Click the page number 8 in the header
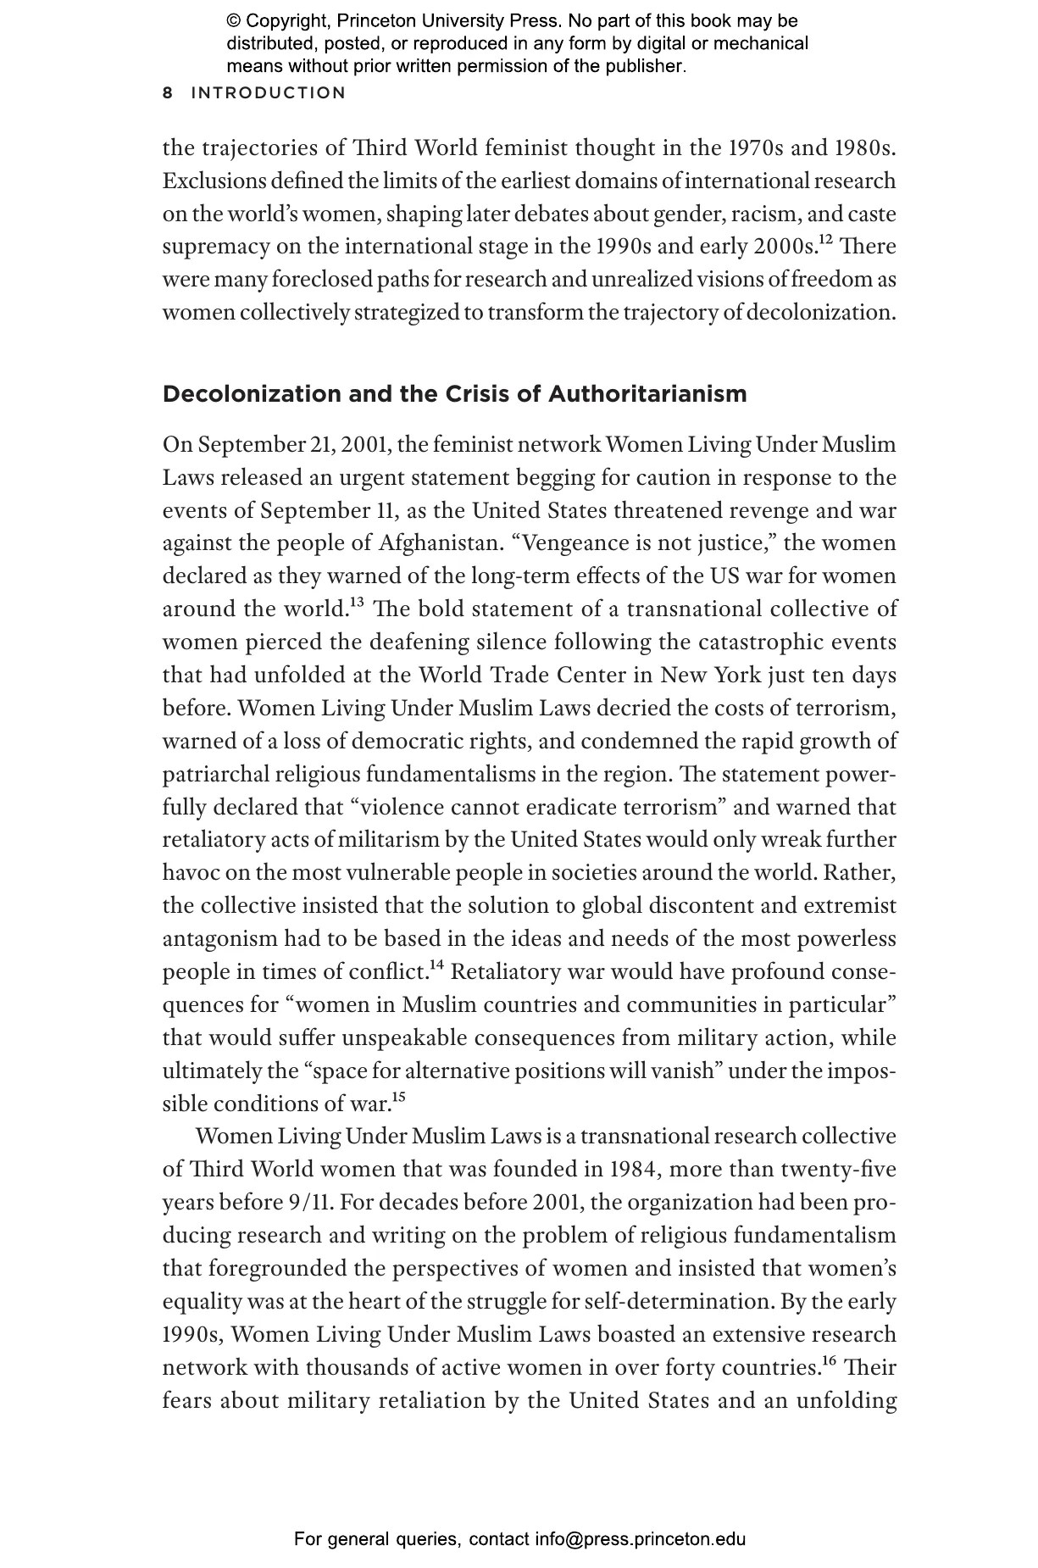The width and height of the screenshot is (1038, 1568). coord(168,93)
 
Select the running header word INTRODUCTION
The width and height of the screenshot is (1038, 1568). coord(269,93)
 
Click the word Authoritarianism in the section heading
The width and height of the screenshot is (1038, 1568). coord(647,394)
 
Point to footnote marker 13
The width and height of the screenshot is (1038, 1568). coord(357,603)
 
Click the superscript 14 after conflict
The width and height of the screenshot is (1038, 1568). coord(437,965)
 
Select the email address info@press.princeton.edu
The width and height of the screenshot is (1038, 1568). coord(640,1539)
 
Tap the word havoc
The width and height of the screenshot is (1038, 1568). coord(191,873)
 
